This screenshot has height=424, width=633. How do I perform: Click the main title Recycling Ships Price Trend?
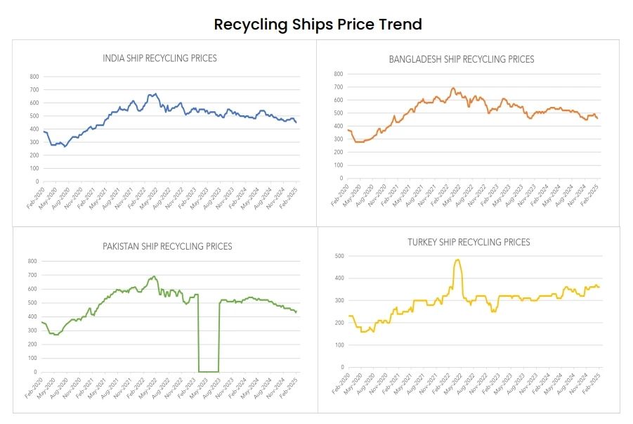(318, 25)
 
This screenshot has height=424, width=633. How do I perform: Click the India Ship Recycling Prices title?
(159, 58)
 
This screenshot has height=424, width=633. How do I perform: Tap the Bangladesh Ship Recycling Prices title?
(462, 59)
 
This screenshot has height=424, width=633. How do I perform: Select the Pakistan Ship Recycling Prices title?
(167, 246)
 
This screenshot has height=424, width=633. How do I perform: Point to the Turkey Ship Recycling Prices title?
(469, 242)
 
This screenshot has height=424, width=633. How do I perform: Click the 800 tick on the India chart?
(34, 77)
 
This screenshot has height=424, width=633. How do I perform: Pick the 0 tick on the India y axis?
(37, 181)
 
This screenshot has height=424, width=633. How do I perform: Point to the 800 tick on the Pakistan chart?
(31, 261)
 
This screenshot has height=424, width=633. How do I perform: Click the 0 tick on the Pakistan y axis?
(34, 372)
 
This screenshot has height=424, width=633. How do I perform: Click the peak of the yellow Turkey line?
(457, 259)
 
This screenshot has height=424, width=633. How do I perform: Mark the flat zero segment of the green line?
(208, 371)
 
